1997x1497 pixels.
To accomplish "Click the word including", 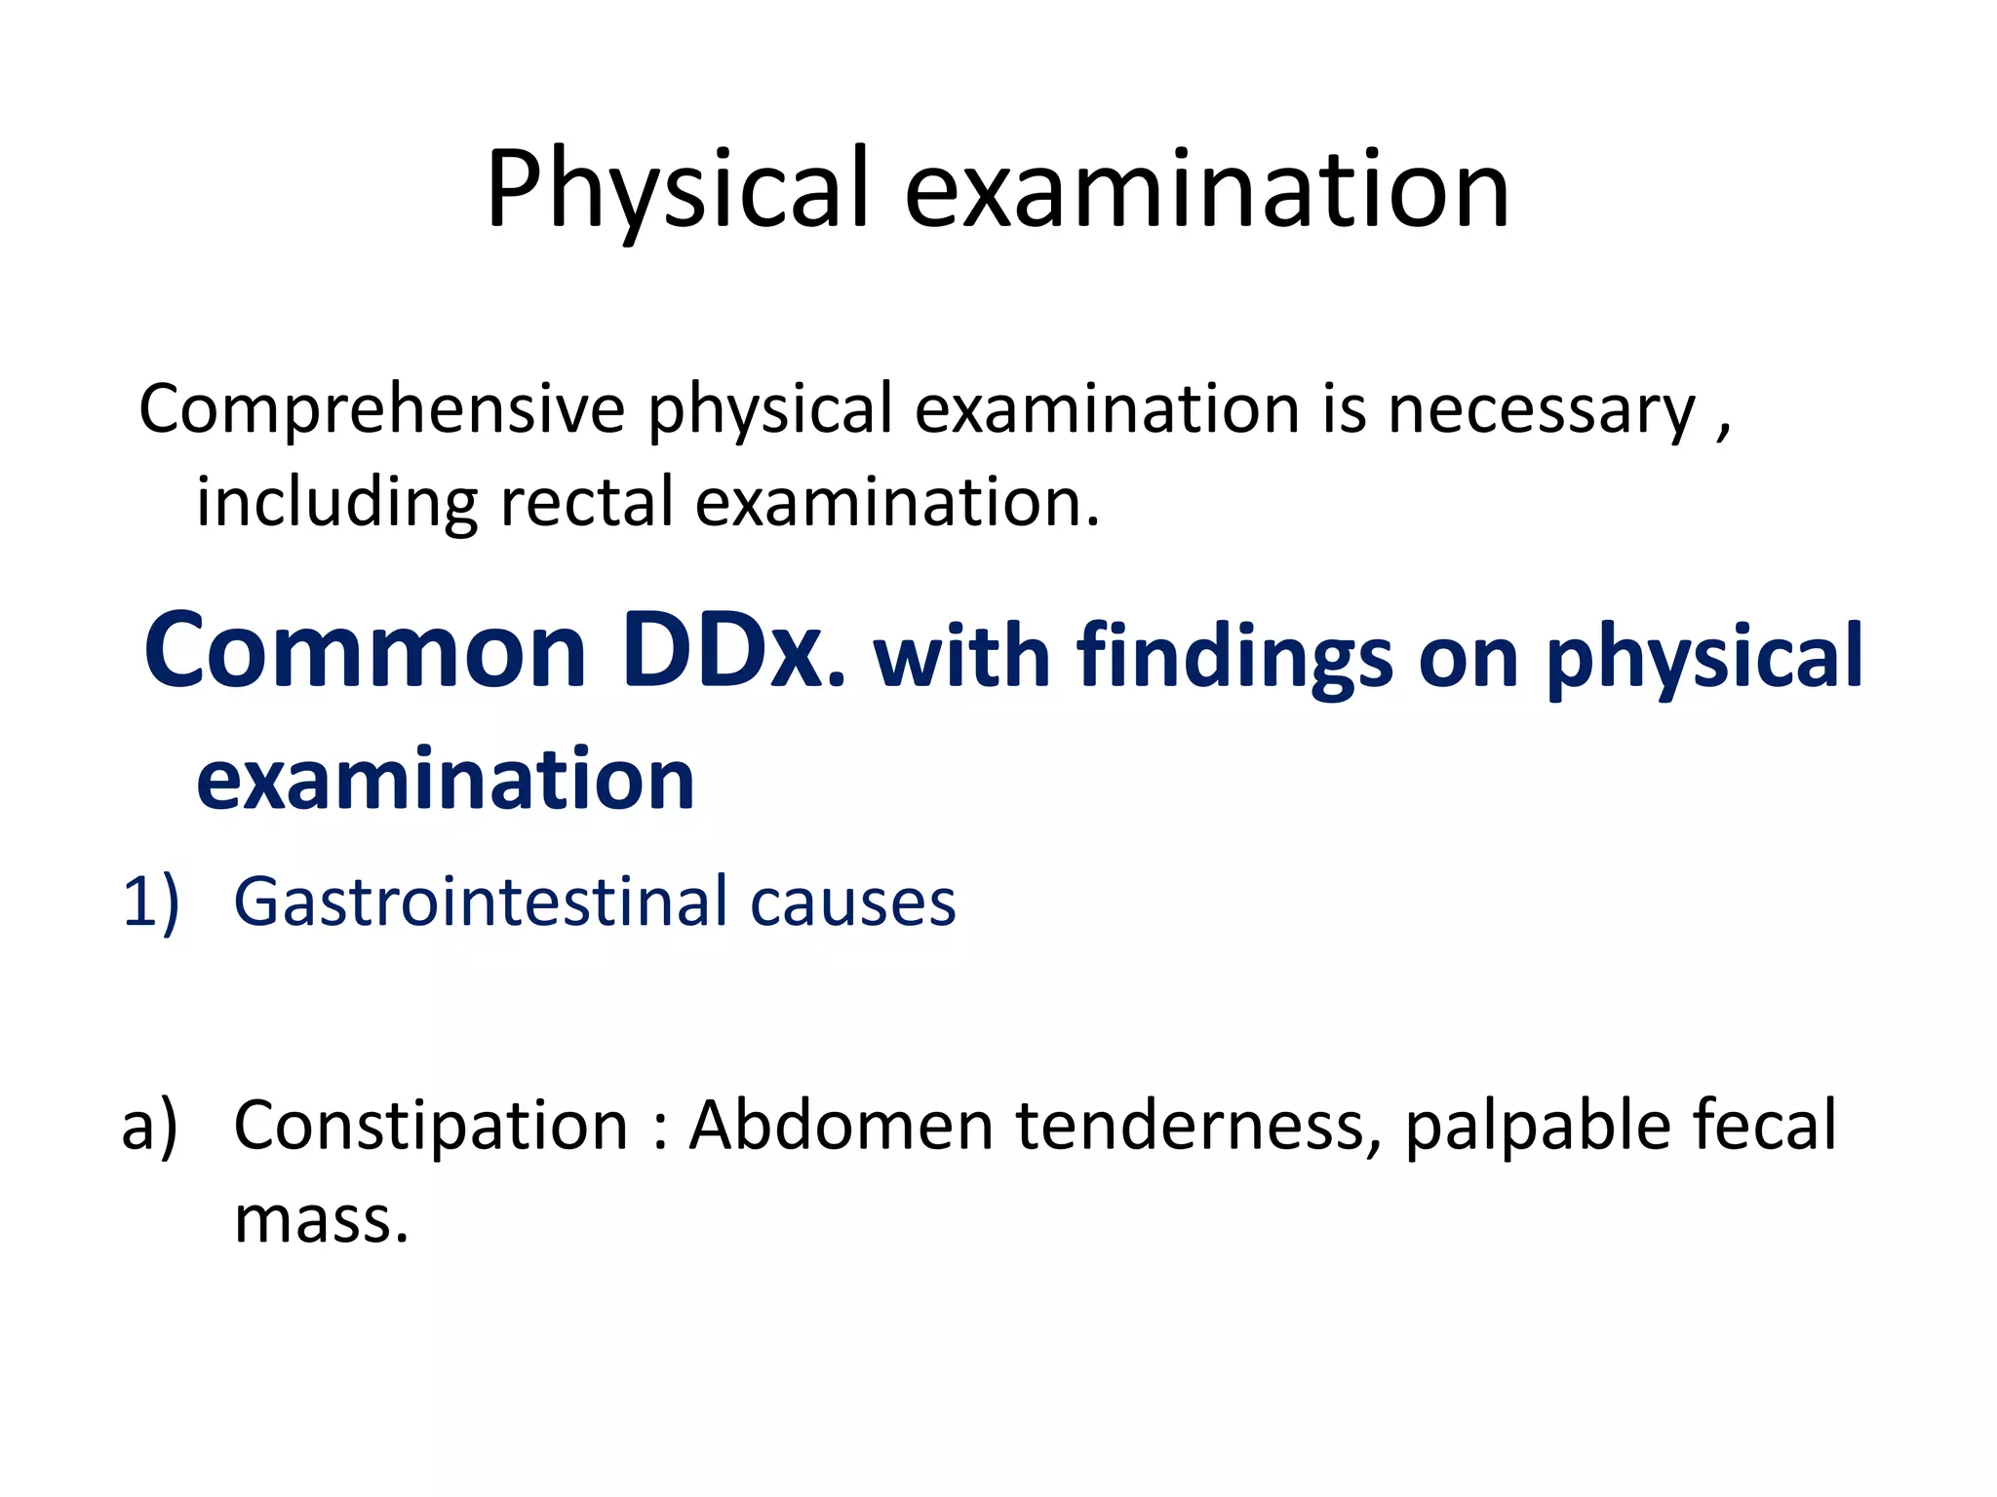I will (x=336, y=503).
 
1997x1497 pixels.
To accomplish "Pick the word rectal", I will (x=586, y=503).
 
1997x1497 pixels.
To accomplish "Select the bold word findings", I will (x=1233, y=657).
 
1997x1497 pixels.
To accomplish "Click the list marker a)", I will (x=149, y=1126).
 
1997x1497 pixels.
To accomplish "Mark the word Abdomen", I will (x=842, y=1126).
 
